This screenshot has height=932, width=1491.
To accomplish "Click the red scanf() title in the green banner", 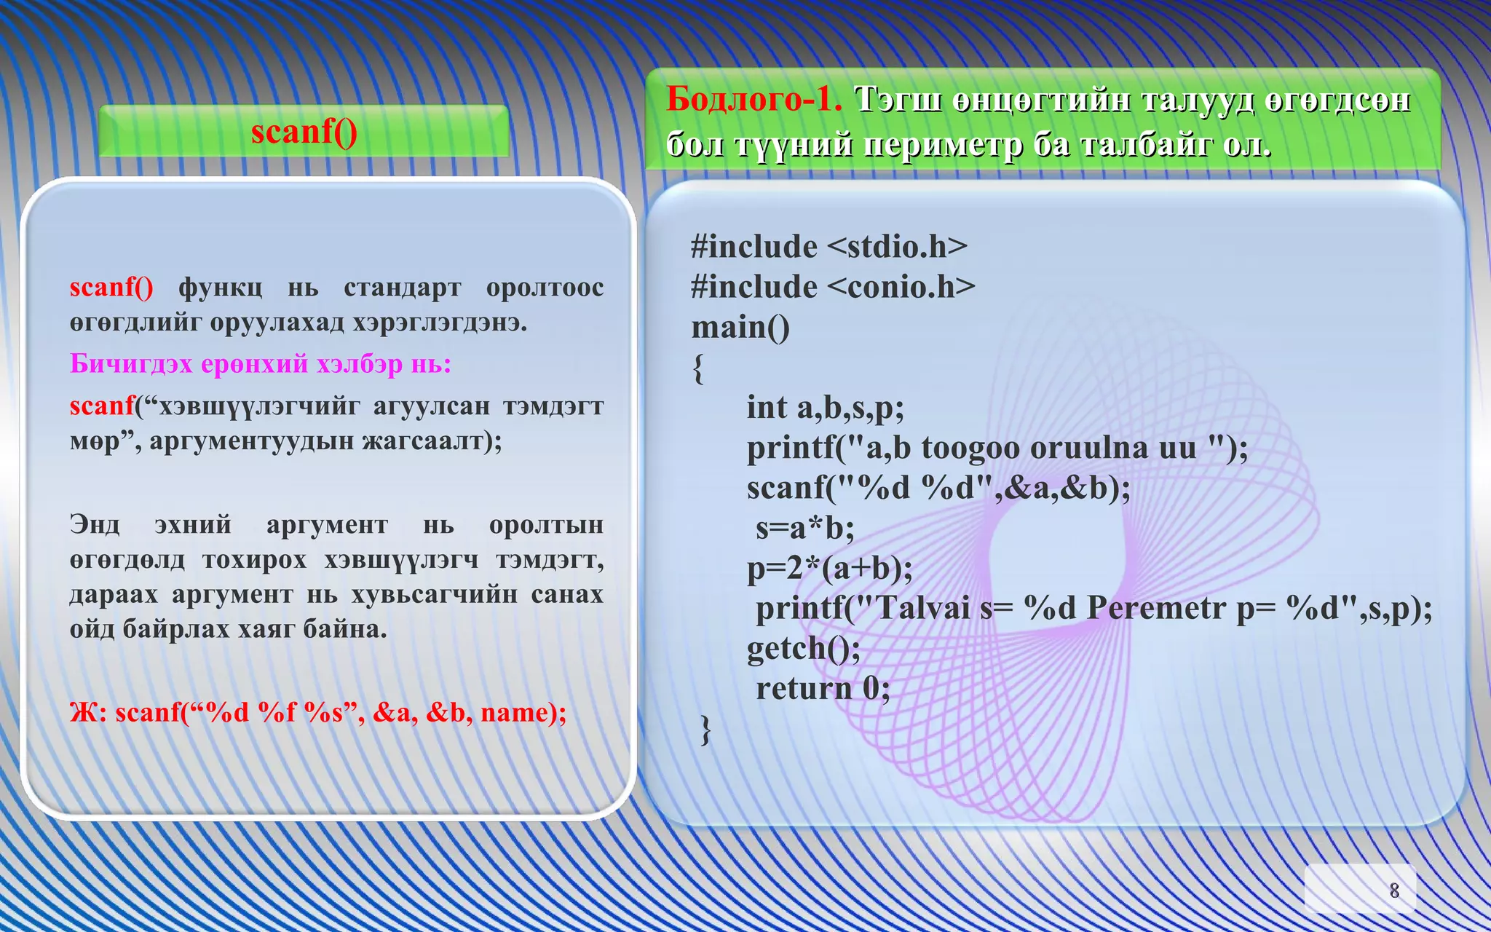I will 304,132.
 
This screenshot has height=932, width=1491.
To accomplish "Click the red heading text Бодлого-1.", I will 754,99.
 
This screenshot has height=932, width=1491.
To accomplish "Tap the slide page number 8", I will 1393,890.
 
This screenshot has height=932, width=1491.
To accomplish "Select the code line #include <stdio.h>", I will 829,247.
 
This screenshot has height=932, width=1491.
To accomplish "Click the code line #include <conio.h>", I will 833,287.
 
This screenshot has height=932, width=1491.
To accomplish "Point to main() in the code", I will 740,328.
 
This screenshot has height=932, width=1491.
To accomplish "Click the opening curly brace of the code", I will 698,368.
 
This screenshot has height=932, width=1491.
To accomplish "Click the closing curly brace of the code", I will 705,729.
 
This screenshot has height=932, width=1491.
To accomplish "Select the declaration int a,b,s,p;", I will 825,408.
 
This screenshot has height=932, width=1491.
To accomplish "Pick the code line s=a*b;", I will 804,528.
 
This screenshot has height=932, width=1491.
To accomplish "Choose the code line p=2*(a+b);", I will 829,568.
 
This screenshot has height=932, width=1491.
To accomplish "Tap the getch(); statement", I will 804,648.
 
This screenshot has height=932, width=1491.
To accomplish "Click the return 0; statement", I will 823,688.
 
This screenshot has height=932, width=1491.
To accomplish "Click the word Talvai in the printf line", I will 922,608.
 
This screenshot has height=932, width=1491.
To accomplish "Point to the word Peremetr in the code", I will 1156,608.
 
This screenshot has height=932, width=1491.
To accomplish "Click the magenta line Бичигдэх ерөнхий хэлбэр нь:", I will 261,363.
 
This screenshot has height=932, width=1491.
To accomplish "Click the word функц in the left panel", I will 220,288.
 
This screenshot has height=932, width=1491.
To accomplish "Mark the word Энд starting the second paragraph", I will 95,524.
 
